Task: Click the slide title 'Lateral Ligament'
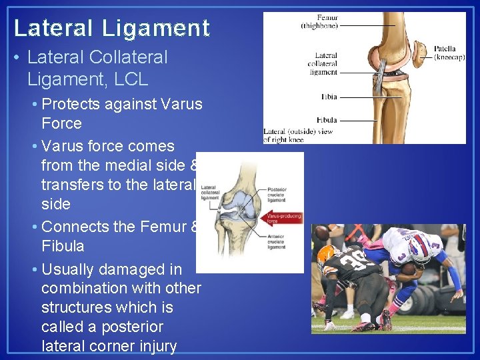tap(112, 28)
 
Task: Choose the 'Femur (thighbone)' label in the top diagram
tap(319, 23)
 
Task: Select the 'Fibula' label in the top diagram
tap(326, 120)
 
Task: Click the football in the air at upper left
tap(322, 234)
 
